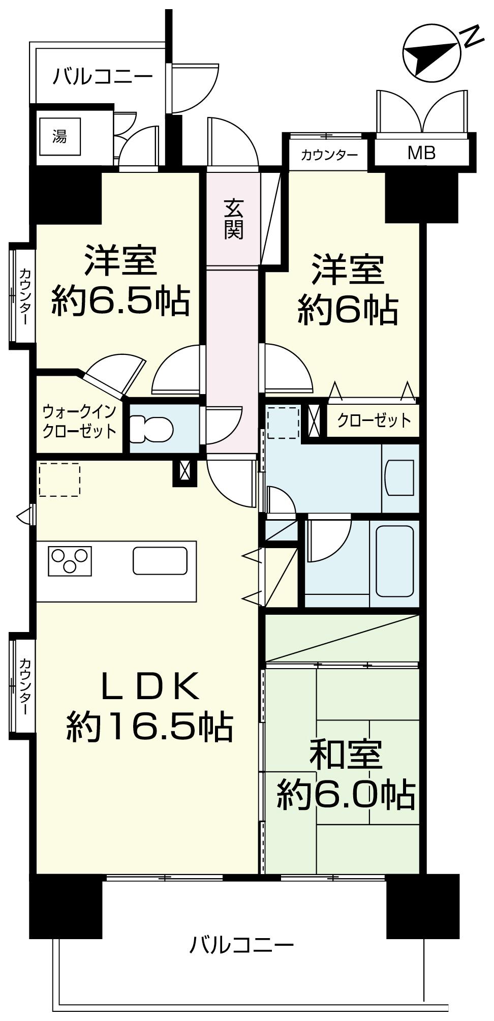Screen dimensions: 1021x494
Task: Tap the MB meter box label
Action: (421, 153)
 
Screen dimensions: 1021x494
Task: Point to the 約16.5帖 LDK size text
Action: (149, 727)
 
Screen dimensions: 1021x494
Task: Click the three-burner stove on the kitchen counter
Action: (70, 561)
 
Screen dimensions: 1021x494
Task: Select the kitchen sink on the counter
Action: (160, 560)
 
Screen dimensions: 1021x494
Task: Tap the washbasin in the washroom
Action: (400, 477)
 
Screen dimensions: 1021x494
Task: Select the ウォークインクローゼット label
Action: (79, 422)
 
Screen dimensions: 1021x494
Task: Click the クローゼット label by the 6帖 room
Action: (374, 420)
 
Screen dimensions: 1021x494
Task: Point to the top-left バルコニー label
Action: (103, 77)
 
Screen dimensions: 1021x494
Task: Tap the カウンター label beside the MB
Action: (329, 155)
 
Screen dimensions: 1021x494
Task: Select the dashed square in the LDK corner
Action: (59, 479)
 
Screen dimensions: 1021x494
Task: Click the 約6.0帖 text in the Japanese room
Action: (346, 795)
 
